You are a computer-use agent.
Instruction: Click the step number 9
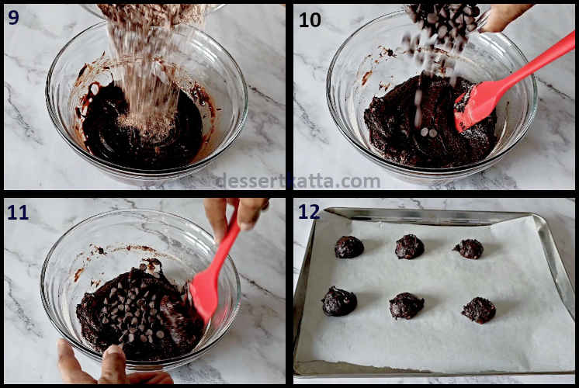coord(14,17)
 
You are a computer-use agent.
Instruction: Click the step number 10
coord(310,19)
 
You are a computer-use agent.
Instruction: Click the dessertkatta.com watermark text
coord(297,182)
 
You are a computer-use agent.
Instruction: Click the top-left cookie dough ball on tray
coord(348,247)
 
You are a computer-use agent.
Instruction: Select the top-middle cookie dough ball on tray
coord(409,247)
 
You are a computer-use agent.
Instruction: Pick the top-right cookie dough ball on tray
coord(468,248)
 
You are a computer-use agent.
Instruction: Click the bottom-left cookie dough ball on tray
coord(339,301)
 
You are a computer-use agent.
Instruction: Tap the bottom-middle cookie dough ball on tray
coord(406,306)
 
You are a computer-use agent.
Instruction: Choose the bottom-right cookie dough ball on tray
coord(479,310)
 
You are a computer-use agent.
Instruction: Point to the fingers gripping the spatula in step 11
coord(237,213)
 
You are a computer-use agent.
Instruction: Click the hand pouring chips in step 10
coord(504,17)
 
